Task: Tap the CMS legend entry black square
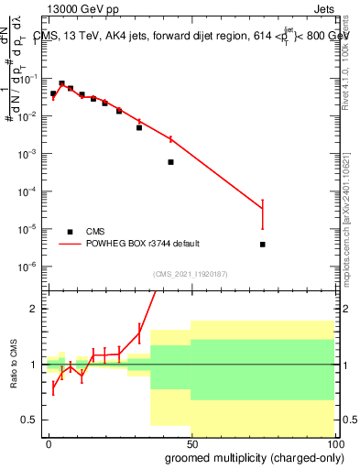[x=70, y=232]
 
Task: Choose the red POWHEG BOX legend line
[x=70, y=244]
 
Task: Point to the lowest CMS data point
[x=263, y=245]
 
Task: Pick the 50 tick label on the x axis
[x=190, y=442]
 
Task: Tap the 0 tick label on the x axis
[x=49, y=442]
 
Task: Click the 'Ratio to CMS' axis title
[x=13, y=365]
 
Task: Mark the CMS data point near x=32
[x=139, y=127]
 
